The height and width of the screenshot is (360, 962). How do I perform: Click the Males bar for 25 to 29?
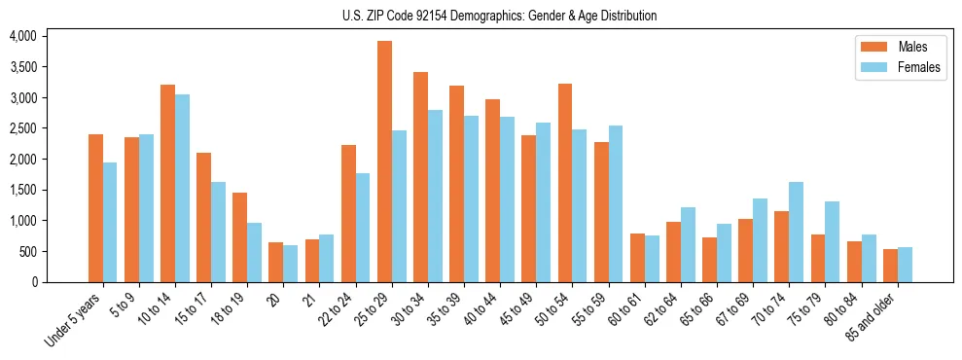384,162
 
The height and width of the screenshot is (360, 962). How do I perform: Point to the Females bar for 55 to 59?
616,203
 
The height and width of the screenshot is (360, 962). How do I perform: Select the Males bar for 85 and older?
890,266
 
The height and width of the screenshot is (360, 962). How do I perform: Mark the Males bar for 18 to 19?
239,237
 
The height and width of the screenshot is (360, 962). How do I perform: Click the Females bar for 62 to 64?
688,244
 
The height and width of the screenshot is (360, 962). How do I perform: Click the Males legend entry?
893,47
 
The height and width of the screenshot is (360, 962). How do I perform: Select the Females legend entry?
893,67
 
